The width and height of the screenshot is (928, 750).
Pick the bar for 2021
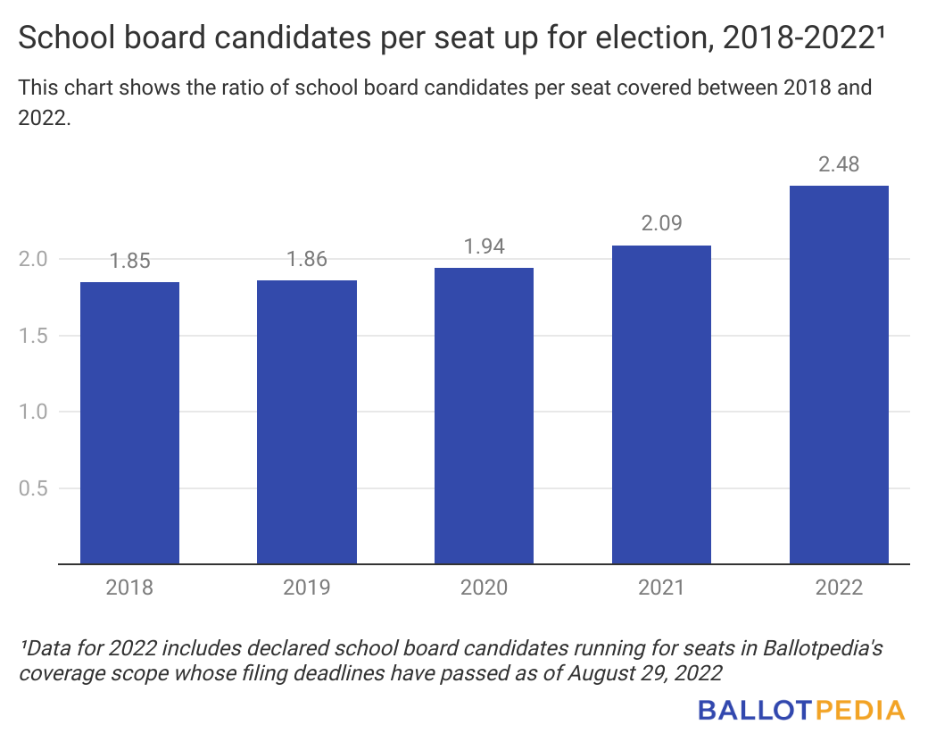tap(661, 404)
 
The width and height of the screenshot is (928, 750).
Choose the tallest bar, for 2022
tap(839, 374)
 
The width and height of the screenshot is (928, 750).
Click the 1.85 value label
tap(129, 262)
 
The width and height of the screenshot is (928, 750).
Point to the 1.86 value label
tap(307, 260)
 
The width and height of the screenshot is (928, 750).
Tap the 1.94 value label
tap(484, 247)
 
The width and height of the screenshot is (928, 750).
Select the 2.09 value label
tap(661, 224)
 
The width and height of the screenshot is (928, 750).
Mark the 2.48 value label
tap(839, 165)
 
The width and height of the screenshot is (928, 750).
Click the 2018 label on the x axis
tap(129, 587)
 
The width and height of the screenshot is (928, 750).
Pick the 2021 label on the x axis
tap(661, 587)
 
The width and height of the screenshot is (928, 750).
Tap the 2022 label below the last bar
tap(839, 587)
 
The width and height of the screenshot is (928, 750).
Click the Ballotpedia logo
tap(801, 711)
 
